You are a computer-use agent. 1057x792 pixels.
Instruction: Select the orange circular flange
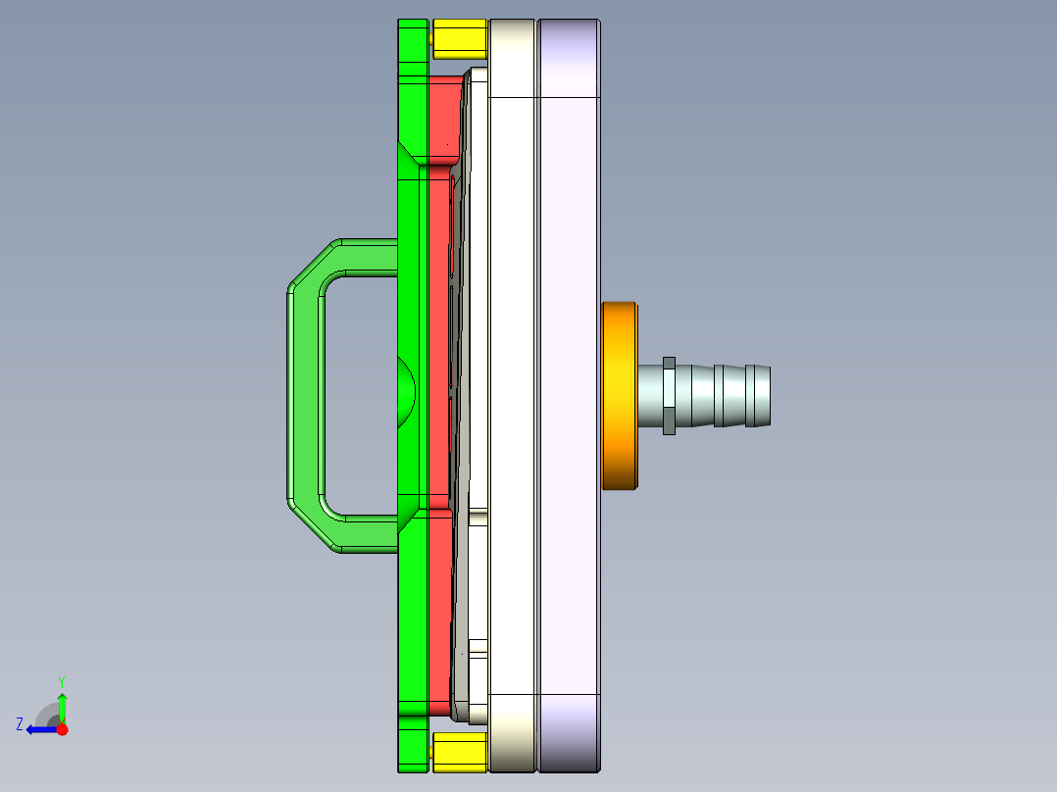[x=620, y=396]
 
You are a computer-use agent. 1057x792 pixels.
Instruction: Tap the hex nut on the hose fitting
[x=669, y=396]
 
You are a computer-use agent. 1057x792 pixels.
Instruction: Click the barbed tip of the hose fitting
[x=757, y=396]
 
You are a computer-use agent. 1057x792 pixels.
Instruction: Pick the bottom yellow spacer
[x=459, y=753]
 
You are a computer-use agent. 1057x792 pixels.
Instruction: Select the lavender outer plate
[x=569, y=392]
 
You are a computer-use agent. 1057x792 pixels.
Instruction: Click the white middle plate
[x=511, y=392]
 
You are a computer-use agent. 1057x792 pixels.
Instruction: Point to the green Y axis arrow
[x=62, y=706]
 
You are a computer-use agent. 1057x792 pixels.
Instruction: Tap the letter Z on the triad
[x=20, y=724]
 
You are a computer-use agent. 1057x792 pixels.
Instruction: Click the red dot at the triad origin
[x=62, y=729]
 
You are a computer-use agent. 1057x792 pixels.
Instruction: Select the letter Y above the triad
[x=62, y=680]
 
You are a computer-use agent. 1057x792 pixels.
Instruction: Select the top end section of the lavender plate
[x=569, y=59]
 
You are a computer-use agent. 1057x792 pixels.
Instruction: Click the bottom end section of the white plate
[x=511, y=732]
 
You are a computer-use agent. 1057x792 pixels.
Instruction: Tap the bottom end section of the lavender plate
[x=569, y=732]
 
